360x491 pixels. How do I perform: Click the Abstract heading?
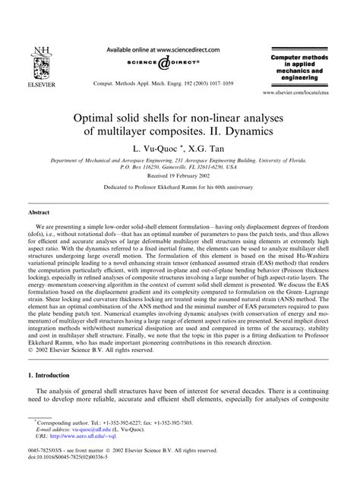tap(39, 215)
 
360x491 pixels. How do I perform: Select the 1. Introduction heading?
tap(55, 397)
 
